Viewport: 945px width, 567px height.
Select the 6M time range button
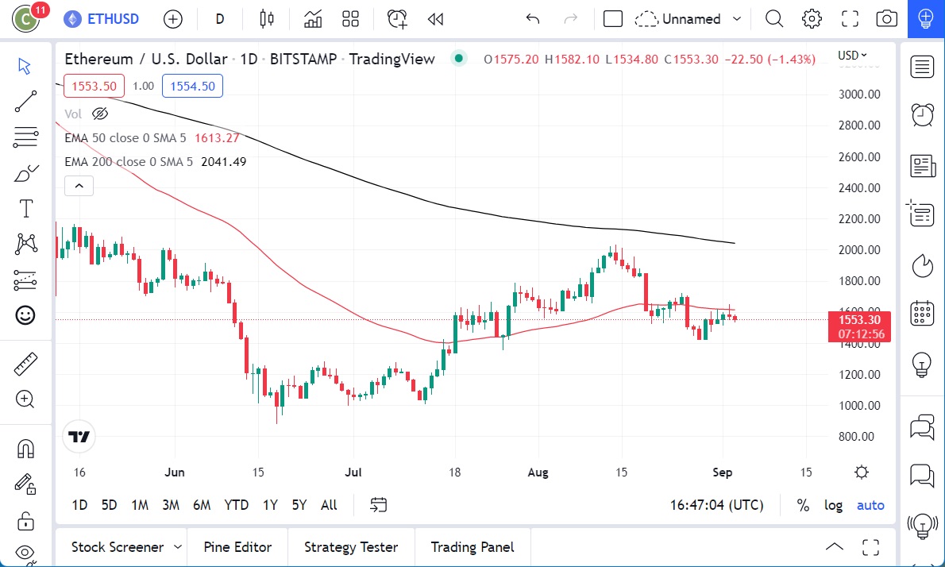coord(202,505)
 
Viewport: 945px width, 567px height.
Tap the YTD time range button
coord(236,505)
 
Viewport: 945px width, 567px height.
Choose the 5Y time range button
coord(299,505)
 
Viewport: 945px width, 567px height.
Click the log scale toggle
coord(833,505)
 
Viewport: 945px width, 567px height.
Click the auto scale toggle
coord(870,505)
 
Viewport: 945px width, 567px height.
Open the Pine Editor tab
coord(237,547)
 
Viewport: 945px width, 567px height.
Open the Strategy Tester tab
coord(351,547)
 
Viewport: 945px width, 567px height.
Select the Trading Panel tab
coord(472,547)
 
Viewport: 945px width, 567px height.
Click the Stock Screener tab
coord(118,547)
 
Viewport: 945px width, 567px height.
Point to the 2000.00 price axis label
coord(859,250)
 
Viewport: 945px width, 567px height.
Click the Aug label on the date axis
coord(538,472)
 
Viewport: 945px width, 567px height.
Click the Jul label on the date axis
coord(353,472)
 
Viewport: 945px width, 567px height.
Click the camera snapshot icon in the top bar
coord(886,19)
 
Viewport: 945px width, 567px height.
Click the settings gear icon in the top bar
coord(812,19)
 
